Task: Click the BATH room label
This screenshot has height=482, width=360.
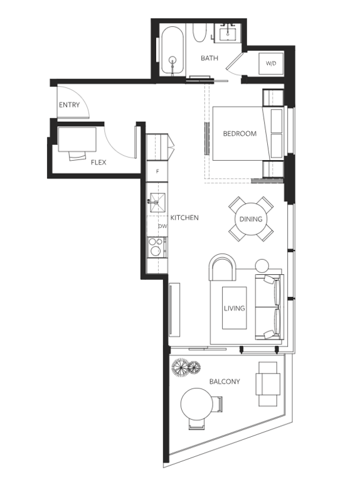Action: pos(209,58)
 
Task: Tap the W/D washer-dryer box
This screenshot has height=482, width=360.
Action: pos(271,63)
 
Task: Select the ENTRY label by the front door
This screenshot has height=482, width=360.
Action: pos(69,105)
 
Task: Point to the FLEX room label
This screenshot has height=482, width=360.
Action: pos(98,163)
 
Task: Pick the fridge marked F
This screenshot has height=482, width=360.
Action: pos(157,171)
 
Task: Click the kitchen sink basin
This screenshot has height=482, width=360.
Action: pos(157,203)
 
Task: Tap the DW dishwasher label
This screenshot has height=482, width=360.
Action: pos(162,226)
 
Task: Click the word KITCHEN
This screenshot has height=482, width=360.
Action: pos(184,218)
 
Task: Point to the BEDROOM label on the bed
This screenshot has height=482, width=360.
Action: pos(240,134)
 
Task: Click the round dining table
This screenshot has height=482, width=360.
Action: pos(251,219)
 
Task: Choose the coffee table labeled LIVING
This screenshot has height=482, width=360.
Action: pos(235,308)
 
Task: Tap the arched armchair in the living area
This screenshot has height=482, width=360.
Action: pos(223,267)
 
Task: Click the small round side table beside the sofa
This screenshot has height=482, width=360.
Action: pos(262,266)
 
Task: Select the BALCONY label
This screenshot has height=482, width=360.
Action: pos(225,382)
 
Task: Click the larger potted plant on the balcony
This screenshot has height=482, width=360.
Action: pos(181,367)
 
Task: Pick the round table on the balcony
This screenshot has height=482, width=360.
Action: pos(197,404)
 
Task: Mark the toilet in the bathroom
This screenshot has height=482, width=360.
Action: pos(199,33)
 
